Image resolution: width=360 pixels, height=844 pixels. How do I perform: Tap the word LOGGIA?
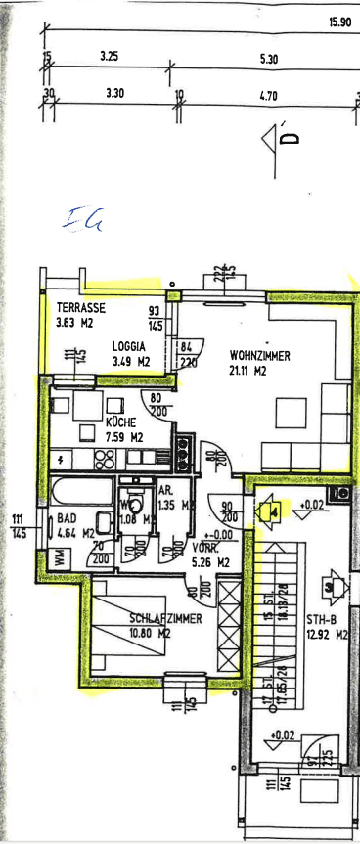(128, 345)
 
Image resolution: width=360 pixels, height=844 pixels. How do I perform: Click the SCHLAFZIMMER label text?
(163, 618)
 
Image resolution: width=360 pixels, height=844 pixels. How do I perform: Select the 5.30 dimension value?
(269, 60)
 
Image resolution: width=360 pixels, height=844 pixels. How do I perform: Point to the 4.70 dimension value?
(269, 96)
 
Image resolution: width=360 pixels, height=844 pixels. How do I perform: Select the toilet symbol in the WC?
(136, 506)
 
